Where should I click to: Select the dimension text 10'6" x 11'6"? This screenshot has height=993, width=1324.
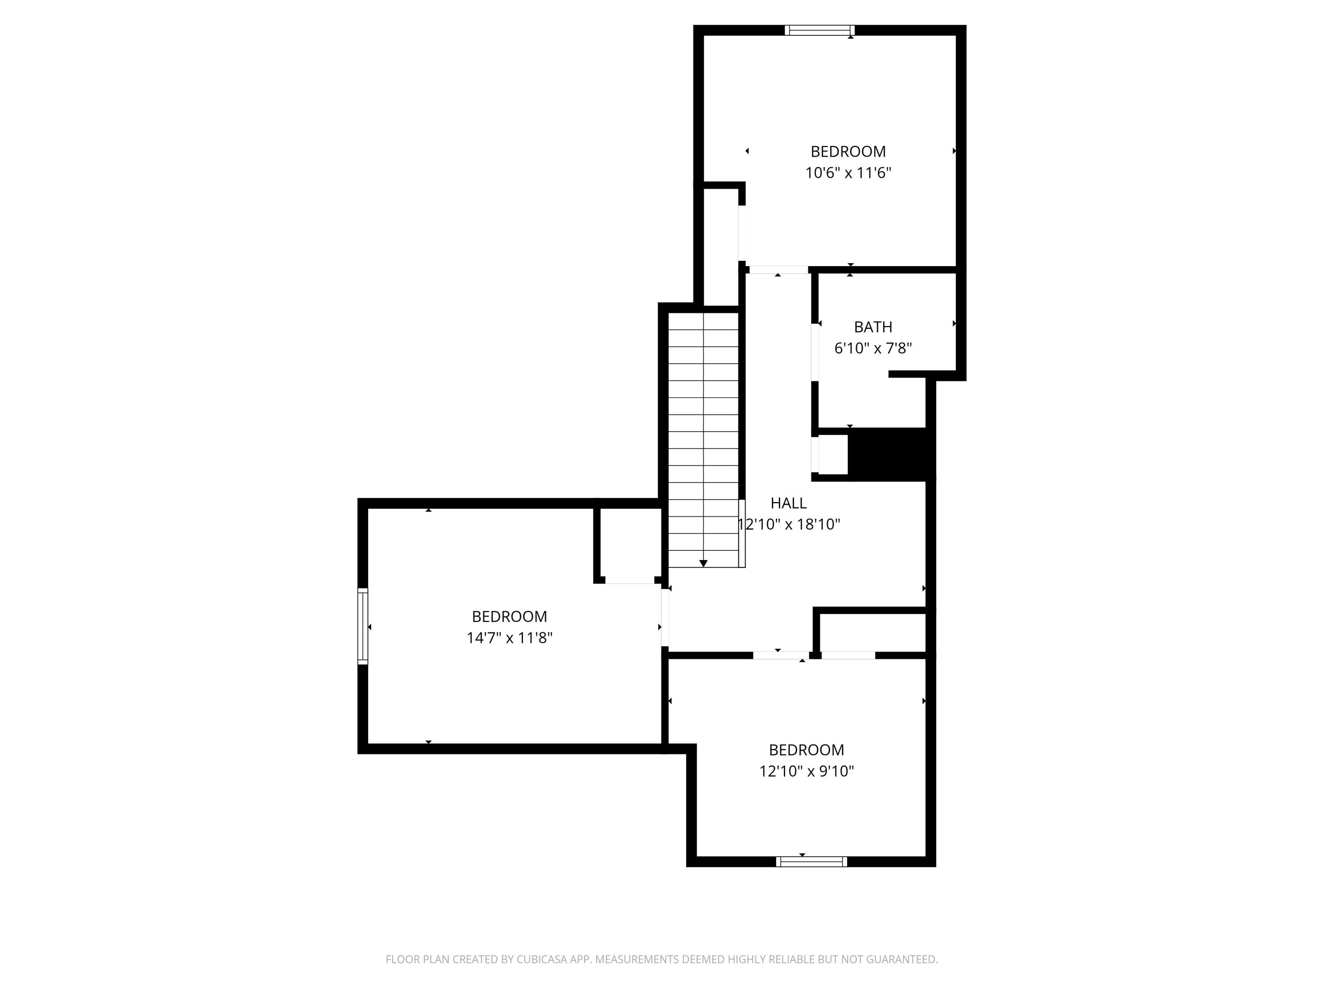pos(848,173)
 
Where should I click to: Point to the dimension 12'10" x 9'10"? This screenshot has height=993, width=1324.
pos(806,771)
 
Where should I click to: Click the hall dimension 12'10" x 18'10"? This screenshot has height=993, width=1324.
pos(788,525)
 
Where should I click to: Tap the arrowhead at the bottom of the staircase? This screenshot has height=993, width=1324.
pos(703,563)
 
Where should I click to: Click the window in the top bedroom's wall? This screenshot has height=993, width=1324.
pos(820,30)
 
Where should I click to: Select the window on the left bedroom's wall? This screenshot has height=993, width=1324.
pos(363,626)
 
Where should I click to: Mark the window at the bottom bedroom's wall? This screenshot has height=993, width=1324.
pos(812,862)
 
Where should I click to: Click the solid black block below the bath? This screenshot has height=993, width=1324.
pos(891,454)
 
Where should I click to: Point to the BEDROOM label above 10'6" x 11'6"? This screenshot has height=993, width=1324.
pos(848,152)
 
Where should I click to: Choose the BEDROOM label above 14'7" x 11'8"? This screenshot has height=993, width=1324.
pos(509,617)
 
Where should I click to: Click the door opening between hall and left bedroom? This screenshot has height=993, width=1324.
pos(664,617)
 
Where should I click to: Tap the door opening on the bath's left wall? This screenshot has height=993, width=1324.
pos(815,352)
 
